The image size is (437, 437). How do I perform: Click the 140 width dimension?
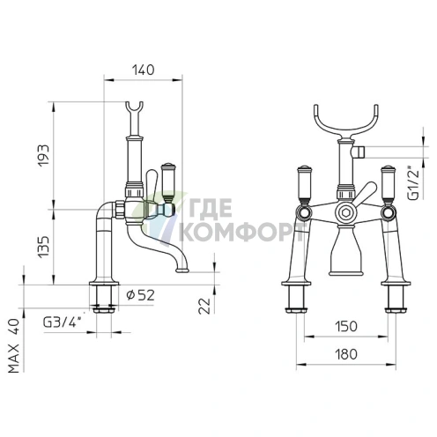143,70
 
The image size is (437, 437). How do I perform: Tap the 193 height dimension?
43,155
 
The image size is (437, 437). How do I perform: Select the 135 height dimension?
43,247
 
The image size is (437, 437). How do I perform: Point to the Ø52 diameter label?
140,295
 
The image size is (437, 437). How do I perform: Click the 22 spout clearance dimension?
204,306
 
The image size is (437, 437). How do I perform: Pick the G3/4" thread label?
62,322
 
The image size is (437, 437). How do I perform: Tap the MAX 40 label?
13,346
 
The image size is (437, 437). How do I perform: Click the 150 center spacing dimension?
346,326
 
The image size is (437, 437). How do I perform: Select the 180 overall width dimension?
346,354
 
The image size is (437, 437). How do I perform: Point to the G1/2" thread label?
413,183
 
